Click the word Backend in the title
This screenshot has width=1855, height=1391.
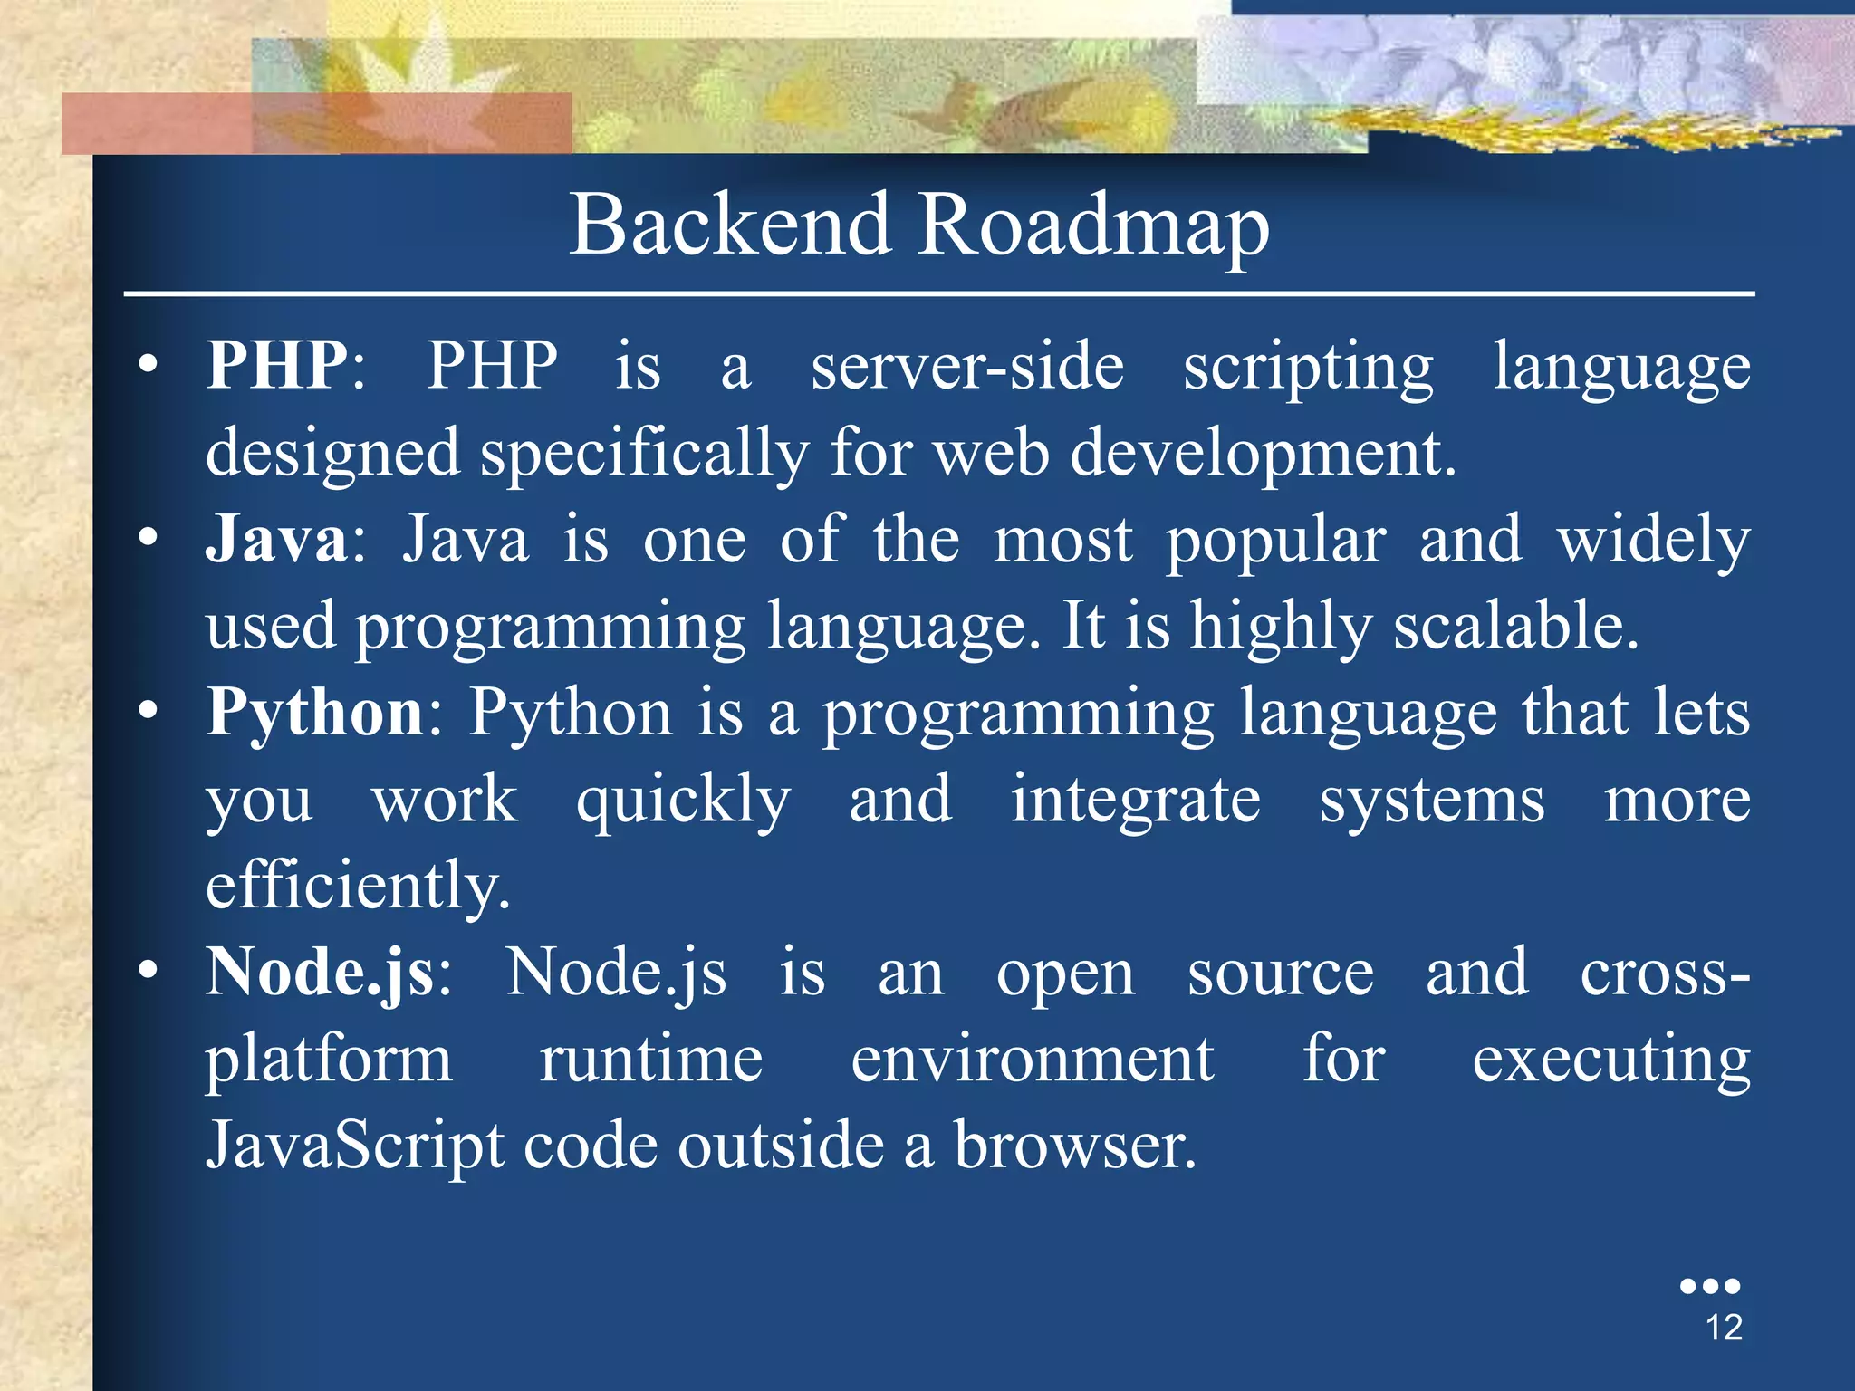tap(730, 225)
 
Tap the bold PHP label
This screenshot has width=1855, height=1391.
tap(277, 365)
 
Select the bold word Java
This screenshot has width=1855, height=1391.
tap(277, 539)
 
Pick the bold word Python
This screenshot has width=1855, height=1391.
tap(315, 714)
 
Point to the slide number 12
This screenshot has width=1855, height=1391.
tap(1724, 1328)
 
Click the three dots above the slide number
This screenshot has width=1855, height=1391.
tap(1709, 1286)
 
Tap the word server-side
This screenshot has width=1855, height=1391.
tap(967, 367)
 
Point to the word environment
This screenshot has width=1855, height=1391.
tap(1032, 1059)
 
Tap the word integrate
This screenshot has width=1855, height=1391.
tap(1135, 800)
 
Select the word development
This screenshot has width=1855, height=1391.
tap(1263, 453)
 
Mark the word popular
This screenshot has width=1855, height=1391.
tap(1275, 541)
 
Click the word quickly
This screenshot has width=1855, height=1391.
tap(683, 801)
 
